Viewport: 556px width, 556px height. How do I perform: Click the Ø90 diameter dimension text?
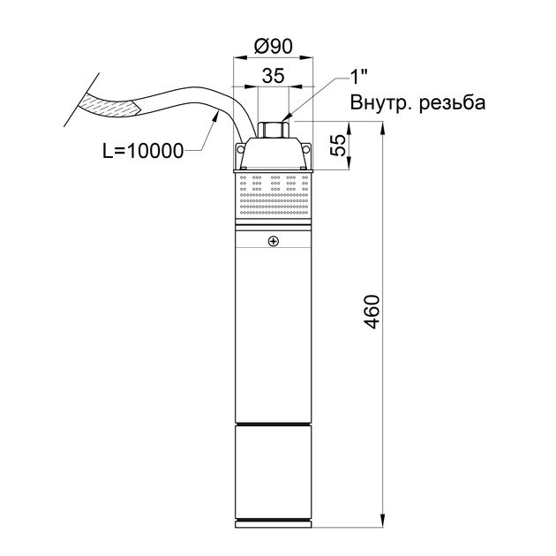coord(274,46)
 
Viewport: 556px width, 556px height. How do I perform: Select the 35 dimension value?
coord(273,75)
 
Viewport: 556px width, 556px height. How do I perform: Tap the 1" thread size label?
coord(358,77)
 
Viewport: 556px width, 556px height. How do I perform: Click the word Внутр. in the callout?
coord(381,103)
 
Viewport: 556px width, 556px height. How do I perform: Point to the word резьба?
coord(452,103)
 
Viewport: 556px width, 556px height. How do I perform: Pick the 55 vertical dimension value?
coord(339,145)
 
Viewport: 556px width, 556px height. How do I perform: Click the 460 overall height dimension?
coord(372,312)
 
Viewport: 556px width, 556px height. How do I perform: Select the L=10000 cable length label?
coord(143,152)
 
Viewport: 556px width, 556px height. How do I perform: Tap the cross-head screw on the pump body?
coord(274,242)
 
